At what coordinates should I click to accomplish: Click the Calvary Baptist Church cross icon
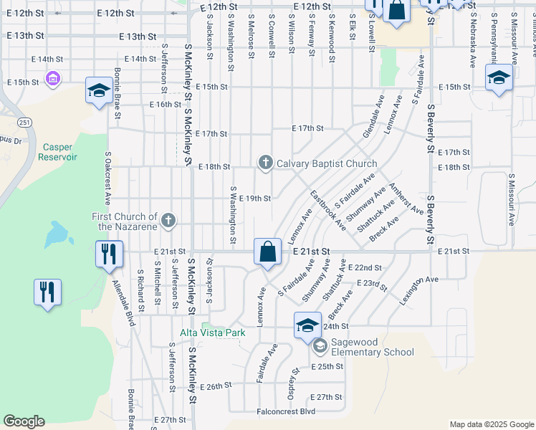[266, 163]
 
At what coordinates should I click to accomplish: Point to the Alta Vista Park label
[213, 333]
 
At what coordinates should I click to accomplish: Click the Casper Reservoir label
[57, 151]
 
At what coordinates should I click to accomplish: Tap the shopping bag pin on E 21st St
[267, 253]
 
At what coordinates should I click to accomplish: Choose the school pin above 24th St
[307, 325]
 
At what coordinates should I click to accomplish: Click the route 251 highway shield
[25, 123]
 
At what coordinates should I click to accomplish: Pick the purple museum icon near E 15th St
[52, 78]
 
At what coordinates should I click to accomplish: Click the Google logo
[24, 421]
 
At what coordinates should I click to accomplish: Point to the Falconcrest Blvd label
[287, 411]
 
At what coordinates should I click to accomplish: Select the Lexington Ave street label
[418, 291]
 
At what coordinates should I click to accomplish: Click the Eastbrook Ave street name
[327, 210]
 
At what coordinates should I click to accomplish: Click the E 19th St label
[254, 199]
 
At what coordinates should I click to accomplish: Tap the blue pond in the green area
[57, 234]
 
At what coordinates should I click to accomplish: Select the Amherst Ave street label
[406, 198]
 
